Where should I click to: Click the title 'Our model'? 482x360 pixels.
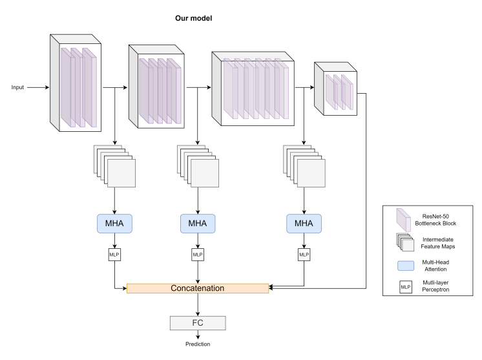(x=194, y=18)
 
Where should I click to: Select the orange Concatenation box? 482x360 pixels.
(x=198, y=288)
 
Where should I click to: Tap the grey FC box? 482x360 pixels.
(x=198, y=322)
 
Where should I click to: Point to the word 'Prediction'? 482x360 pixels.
(x=198, y=344)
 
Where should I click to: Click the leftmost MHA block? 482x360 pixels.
(x=114, y=223)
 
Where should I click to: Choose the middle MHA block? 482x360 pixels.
(x=198, y=223)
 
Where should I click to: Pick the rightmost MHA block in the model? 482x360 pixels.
(x=304, y=223)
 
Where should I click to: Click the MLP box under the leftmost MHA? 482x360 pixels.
(x=114, y=255)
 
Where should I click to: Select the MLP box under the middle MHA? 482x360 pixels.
(x=198, y=255)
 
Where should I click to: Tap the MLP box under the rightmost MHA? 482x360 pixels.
(x=304, y=255)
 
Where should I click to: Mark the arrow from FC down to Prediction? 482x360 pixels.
(x=198, y=334)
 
